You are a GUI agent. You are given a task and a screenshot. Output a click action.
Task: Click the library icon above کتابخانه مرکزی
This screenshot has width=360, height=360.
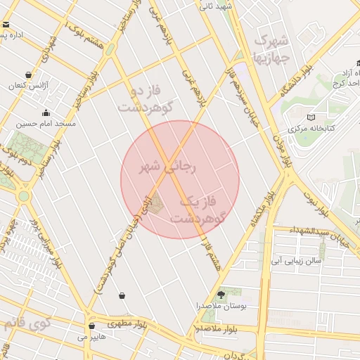click(311, 117)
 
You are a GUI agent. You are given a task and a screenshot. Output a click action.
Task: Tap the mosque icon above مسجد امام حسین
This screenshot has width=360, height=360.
click(46, 112)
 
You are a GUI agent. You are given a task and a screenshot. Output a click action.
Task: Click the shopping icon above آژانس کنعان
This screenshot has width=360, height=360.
click(28, 75)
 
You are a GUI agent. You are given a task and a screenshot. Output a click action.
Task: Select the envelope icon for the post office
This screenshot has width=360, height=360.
click(6, 25)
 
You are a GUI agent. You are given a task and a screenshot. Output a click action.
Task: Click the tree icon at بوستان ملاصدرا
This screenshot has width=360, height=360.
click(221, 295)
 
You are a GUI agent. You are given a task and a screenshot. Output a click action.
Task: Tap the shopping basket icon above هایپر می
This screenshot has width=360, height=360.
click(91, 326)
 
